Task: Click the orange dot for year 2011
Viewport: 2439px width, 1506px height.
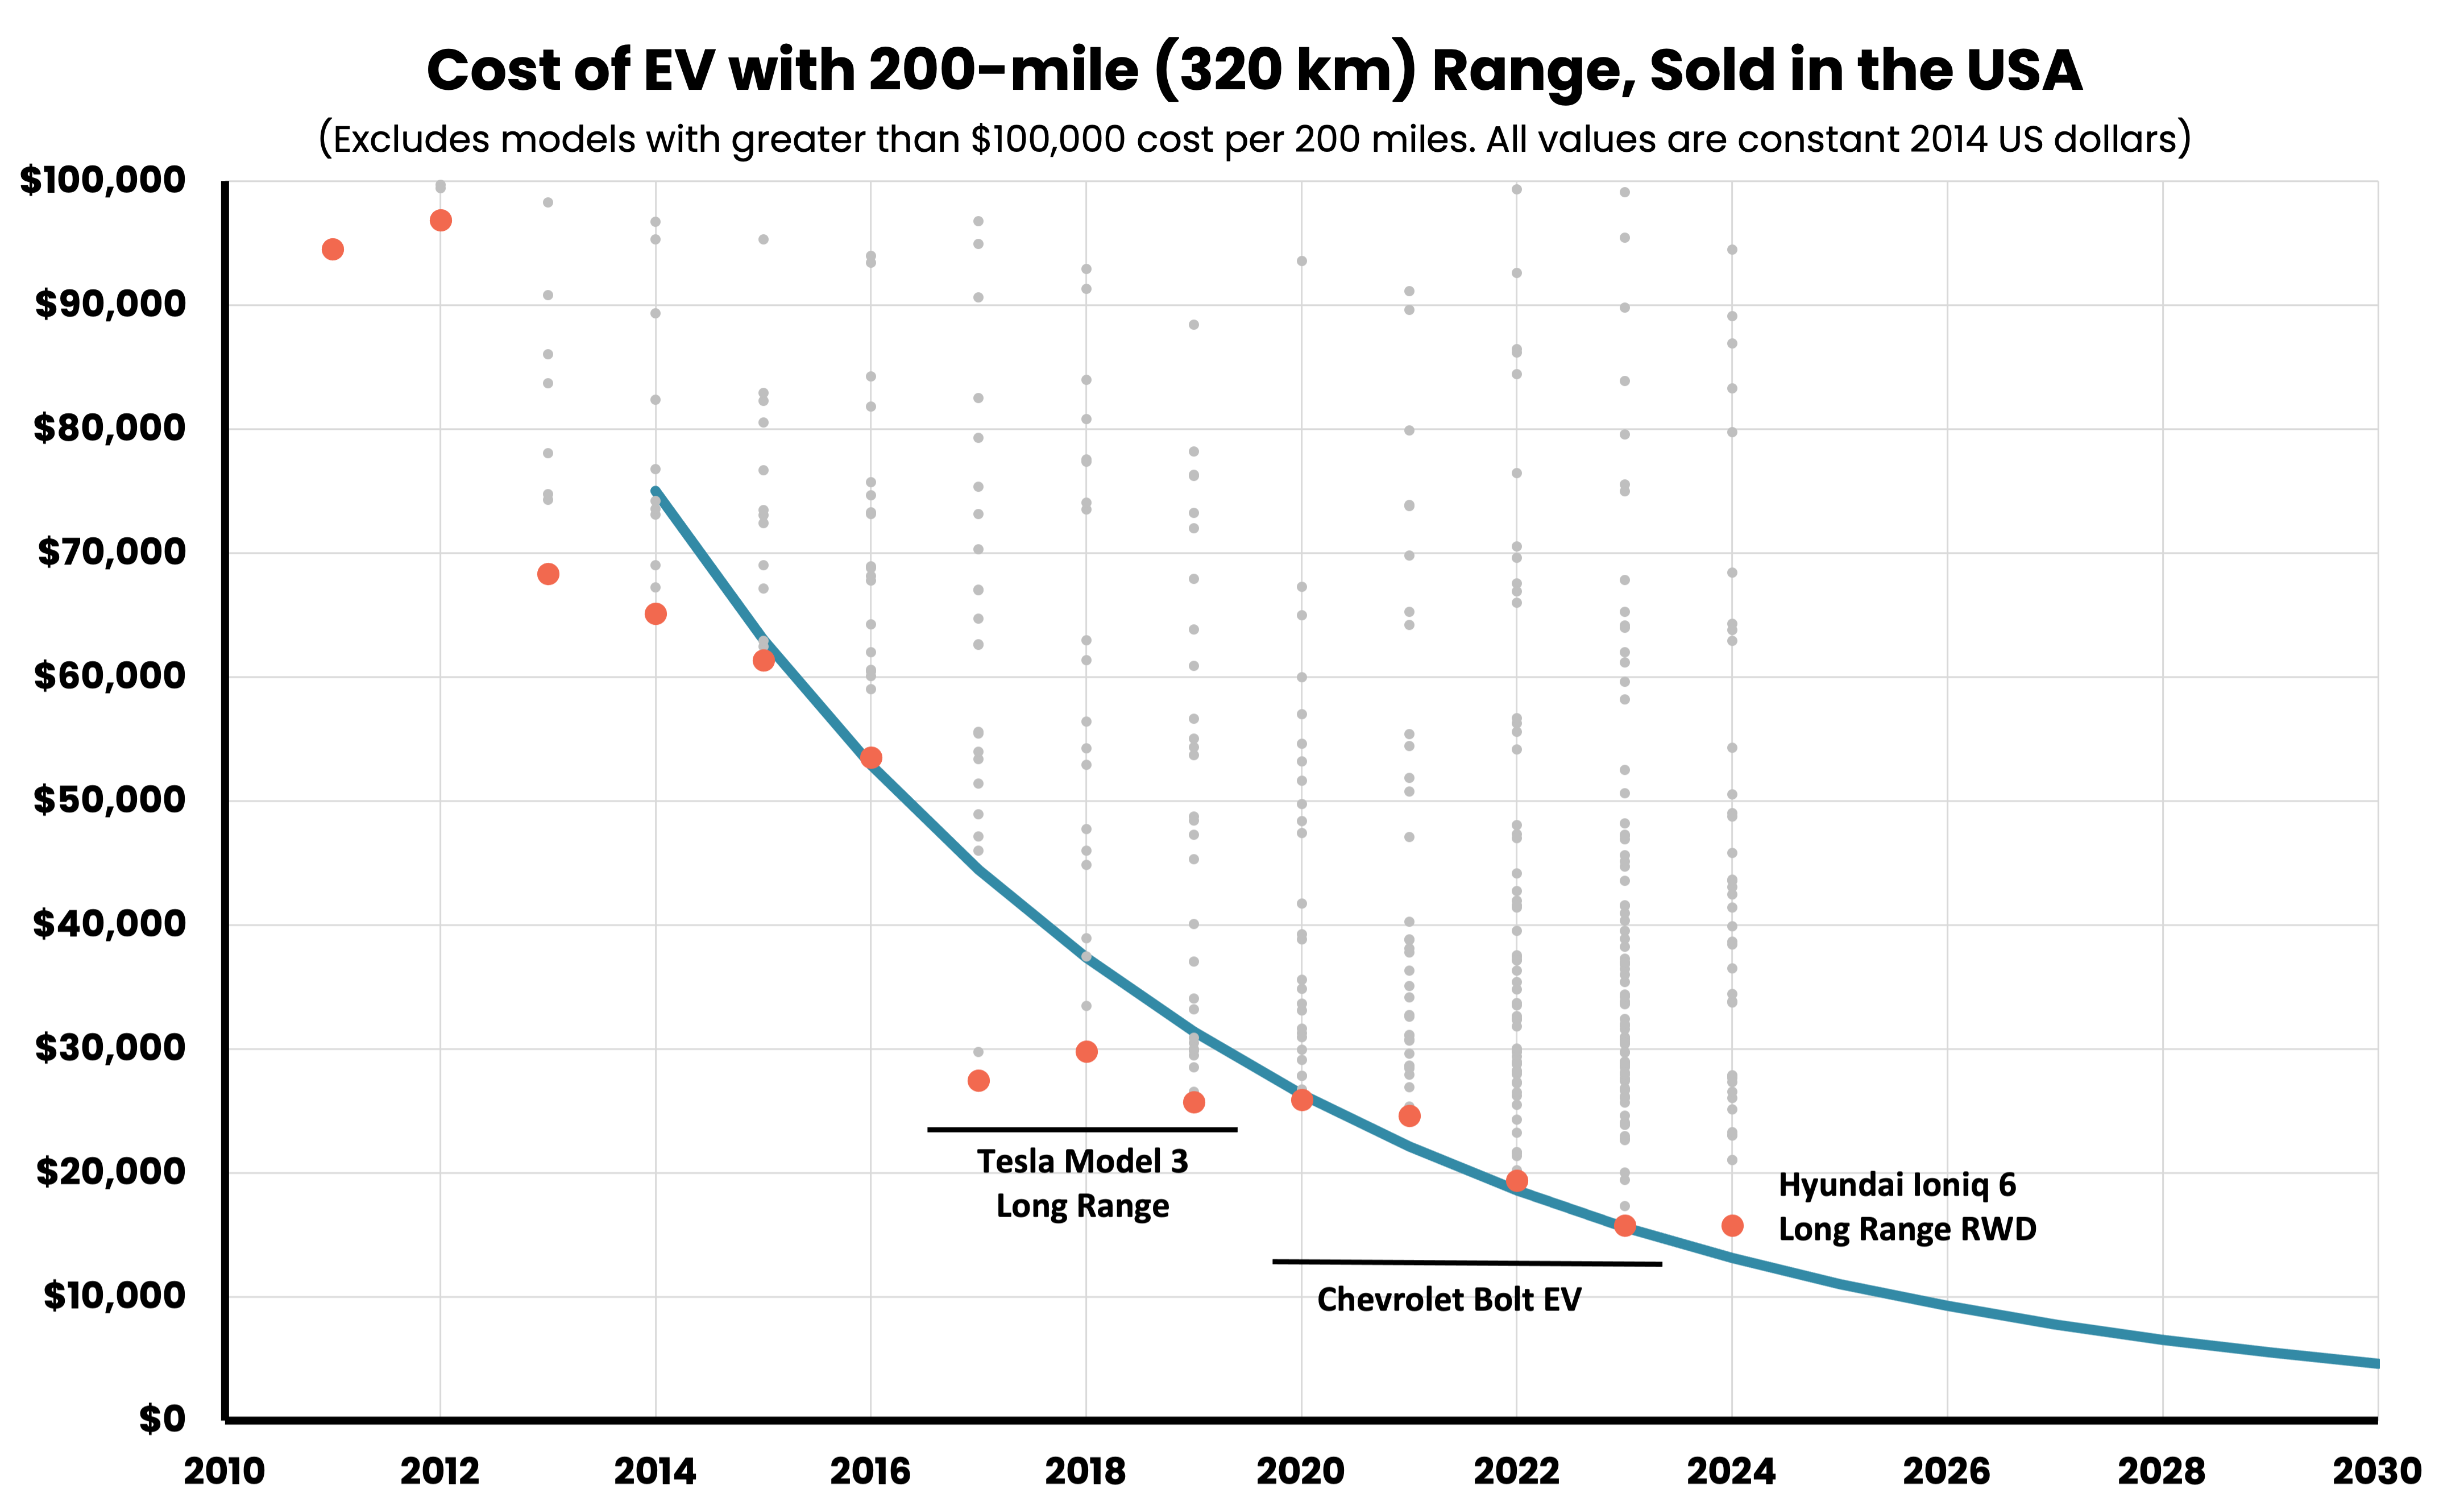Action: tap(333, 249)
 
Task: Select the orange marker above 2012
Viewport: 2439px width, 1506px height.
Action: tap(440, 220)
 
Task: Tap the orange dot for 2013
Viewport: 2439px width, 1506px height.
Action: tap(547, 574)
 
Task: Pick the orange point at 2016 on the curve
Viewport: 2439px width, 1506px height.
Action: tap(870, 758)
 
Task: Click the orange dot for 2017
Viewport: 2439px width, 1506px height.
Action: tap(978, 1081)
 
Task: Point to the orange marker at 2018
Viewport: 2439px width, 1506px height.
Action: tap(1086, 1052)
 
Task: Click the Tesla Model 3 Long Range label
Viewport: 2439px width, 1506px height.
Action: tap(1082, 1183)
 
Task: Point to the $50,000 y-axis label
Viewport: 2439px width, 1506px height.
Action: tap(110, 800)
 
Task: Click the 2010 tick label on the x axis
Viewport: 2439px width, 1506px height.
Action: tap(225, 1471)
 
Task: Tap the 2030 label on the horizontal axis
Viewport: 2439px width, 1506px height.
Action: tap(2376, 1471)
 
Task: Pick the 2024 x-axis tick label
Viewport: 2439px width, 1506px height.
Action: tap(1731, 1471)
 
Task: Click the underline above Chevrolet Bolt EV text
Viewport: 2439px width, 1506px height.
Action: tap(1466, 1263)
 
